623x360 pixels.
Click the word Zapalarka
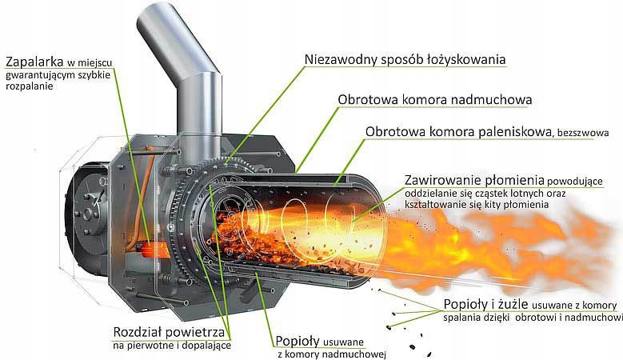coord(34,62)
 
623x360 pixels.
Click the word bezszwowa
coord(583,133)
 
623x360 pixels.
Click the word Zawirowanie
coord(442,180)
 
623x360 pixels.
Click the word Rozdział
coord(137,332)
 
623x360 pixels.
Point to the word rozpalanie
coord(30,86)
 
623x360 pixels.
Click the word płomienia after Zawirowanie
coord(514,180)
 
